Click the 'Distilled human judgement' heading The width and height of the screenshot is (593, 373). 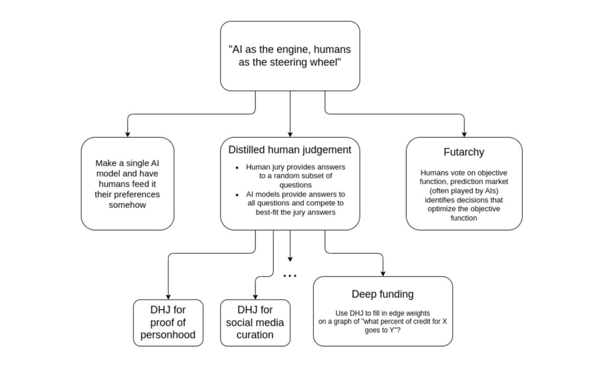tap(290, 150)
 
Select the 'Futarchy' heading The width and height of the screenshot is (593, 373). tap(464, 152)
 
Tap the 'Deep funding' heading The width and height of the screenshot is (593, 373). tap(382, 294)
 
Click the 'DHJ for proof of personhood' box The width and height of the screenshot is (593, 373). tap(168, 323)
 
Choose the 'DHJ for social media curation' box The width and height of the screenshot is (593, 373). tap(255, 323)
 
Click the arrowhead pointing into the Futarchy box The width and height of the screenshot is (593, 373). tap(464, 134)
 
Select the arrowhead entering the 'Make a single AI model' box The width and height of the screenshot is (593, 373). tap(127, 134)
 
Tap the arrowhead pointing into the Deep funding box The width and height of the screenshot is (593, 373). tap(383, 273)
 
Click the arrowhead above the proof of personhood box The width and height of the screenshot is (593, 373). tap(168, 296)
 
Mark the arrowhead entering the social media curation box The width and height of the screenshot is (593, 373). tap(255, 296)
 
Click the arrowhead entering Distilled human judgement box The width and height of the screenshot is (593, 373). tap(290, 134)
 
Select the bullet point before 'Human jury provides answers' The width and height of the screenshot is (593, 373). tap(238, 167)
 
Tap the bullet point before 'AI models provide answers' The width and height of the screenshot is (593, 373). tap(238, 194)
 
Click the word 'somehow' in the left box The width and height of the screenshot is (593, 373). tap(127, 205)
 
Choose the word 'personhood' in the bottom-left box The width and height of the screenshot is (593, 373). tap(168, 335)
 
